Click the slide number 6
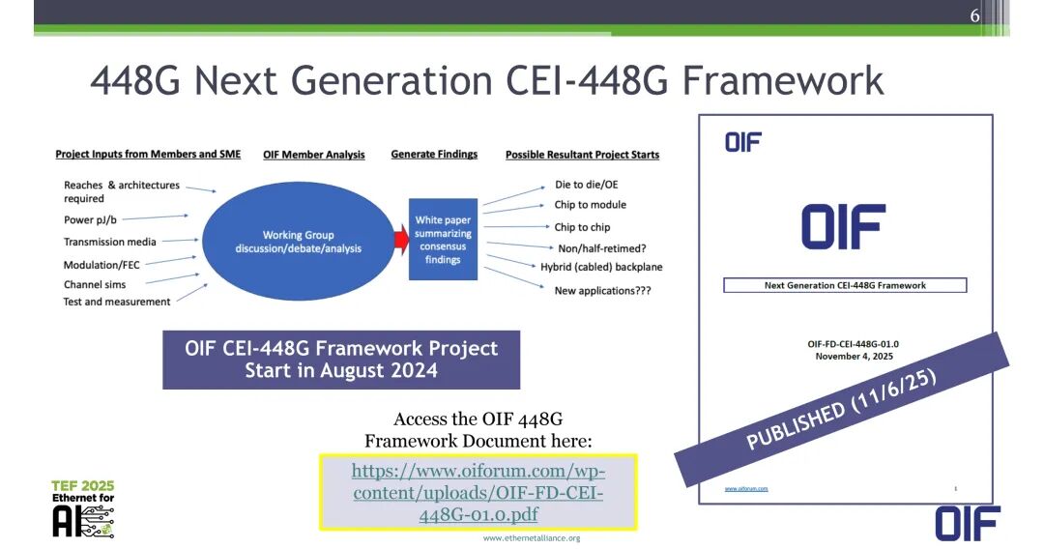[975, 14]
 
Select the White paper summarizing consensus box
[443, 240]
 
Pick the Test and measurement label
[117, 302]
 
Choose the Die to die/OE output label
[586, 185]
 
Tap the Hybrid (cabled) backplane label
[601, 267]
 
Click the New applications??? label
[601, 291]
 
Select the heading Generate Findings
[434, 155]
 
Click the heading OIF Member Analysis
[314, 155]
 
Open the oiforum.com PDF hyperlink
[478, 493]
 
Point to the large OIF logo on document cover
[843, 227]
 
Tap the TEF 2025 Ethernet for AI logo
[83, 508]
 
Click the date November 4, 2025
[846, 356]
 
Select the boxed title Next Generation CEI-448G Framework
[845, 285]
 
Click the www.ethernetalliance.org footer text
[532, 537]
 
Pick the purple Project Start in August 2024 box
[341, 360]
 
